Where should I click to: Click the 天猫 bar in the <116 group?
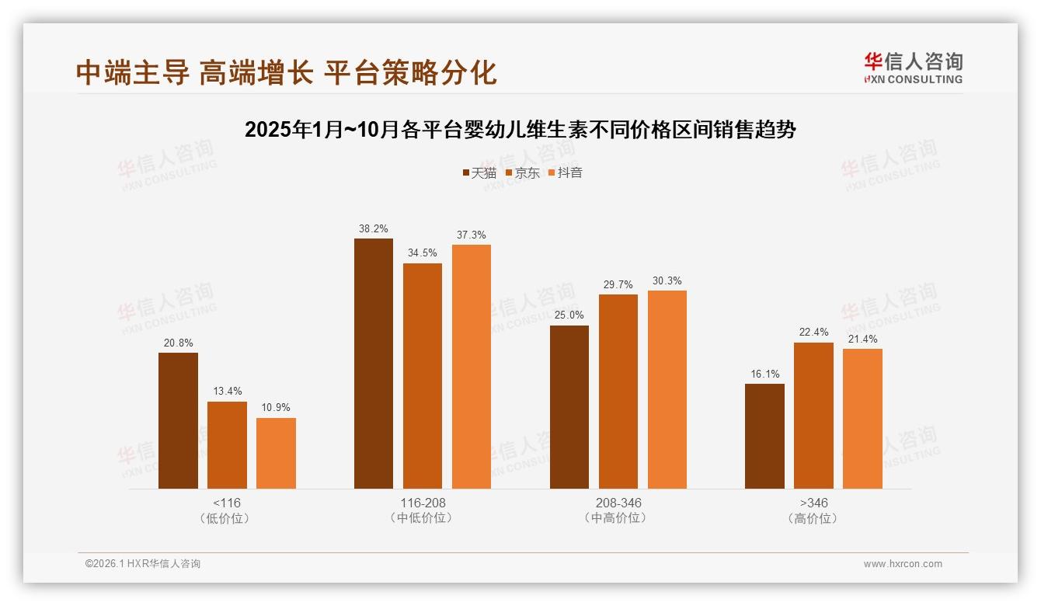(x=178, y=420)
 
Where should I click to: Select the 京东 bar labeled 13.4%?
(x=227, y=444)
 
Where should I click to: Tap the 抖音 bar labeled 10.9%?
(x=276, y=453)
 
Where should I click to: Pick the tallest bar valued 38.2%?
(x=374, y=363)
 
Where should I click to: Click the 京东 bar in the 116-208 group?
(x=423, y=375)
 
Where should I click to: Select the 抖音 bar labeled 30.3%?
(x=667, y=389)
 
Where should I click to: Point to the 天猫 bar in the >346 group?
(x=764, y=436)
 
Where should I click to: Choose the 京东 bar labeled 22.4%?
(x=813, y=415)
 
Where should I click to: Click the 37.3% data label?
(x=472, y=235)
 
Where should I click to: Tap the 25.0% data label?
(x=569, y=315)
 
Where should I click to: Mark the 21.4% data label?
(x=862, y=339)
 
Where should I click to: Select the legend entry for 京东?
(x=522, y=173)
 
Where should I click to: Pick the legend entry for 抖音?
(x=566, y=173)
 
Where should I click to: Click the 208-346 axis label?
(x=618, y=503)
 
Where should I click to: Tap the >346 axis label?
(x=813, y=503)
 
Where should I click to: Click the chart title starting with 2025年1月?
(x=520, y=130)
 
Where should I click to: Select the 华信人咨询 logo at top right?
(x=913, y=68)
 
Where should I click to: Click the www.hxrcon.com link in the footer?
(x=903, y=564)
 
